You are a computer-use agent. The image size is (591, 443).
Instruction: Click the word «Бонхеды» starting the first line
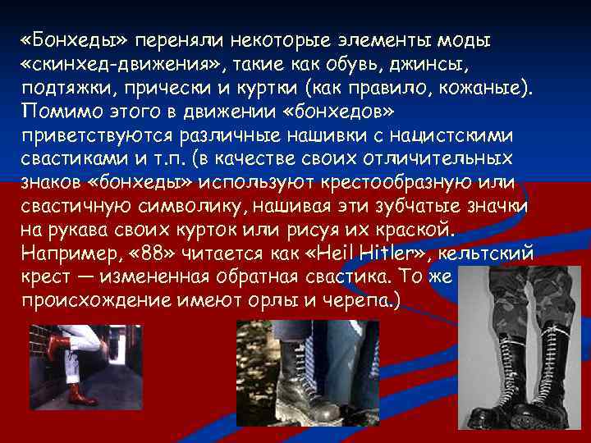click(75, 41)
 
